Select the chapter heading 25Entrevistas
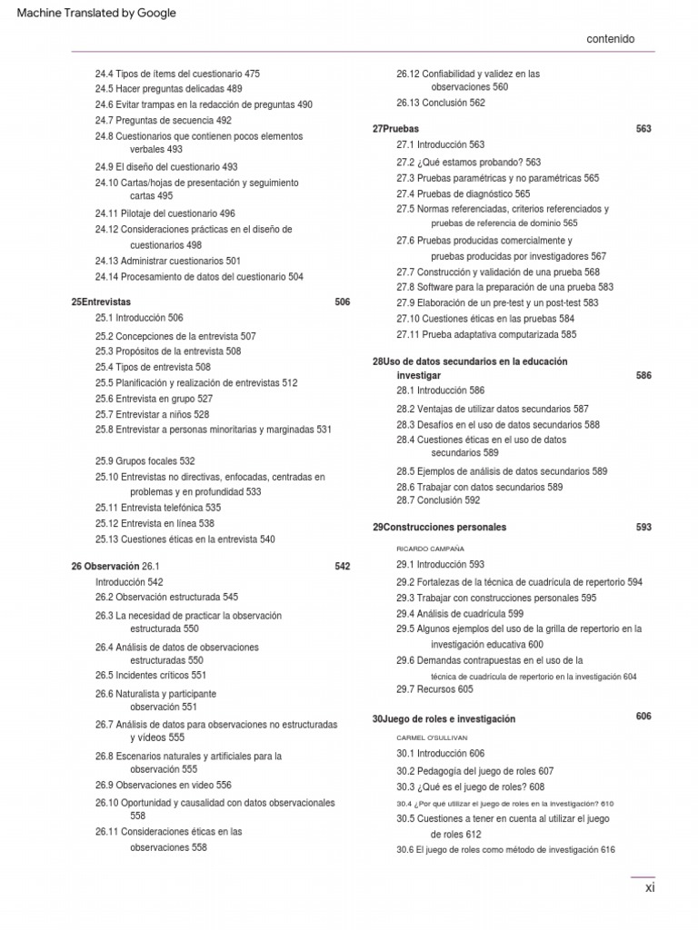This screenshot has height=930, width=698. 101,302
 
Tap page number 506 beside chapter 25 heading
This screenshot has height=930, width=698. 342,302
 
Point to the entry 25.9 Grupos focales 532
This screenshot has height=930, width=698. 145,461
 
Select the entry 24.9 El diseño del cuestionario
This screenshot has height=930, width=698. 166,167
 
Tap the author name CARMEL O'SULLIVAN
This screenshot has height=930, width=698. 432,738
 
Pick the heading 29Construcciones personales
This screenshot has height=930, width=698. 439,527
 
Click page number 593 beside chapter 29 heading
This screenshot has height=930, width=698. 643,527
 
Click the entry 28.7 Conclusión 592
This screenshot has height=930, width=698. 438,500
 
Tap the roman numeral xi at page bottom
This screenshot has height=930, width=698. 649,888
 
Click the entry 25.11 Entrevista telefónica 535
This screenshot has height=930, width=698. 157,508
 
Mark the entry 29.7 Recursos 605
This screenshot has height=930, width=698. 434,689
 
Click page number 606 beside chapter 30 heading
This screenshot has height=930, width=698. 643,717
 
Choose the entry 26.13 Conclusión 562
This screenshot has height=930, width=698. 441,103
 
